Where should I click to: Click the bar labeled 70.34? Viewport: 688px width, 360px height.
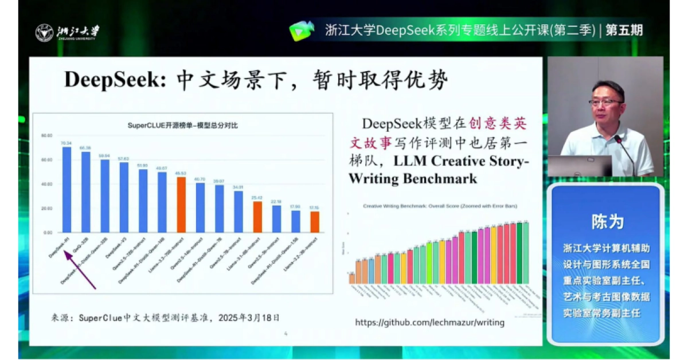point(67,189)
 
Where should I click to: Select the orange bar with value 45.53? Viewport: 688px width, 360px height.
point(181,205)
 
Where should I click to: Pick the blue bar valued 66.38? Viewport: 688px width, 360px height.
point(85,191)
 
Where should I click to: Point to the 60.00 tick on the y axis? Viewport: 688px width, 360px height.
point(46,160)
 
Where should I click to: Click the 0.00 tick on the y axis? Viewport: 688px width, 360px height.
point(48,233)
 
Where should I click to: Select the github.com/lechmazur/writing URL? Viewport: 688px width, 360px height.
point(429,322)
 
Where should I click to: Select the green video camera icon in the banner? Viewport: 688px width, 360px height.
point(302,30)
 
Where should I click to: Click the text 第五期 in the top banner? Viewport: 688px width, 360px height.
point(624,30)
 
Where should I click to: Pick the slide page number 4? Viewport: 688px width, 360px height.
point(286,333)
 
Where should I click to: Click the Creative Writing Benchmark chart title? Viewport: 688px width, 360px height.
point(438,205)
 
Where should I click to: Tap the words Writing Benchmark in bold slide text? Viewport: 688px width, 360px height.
point(413,178)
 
